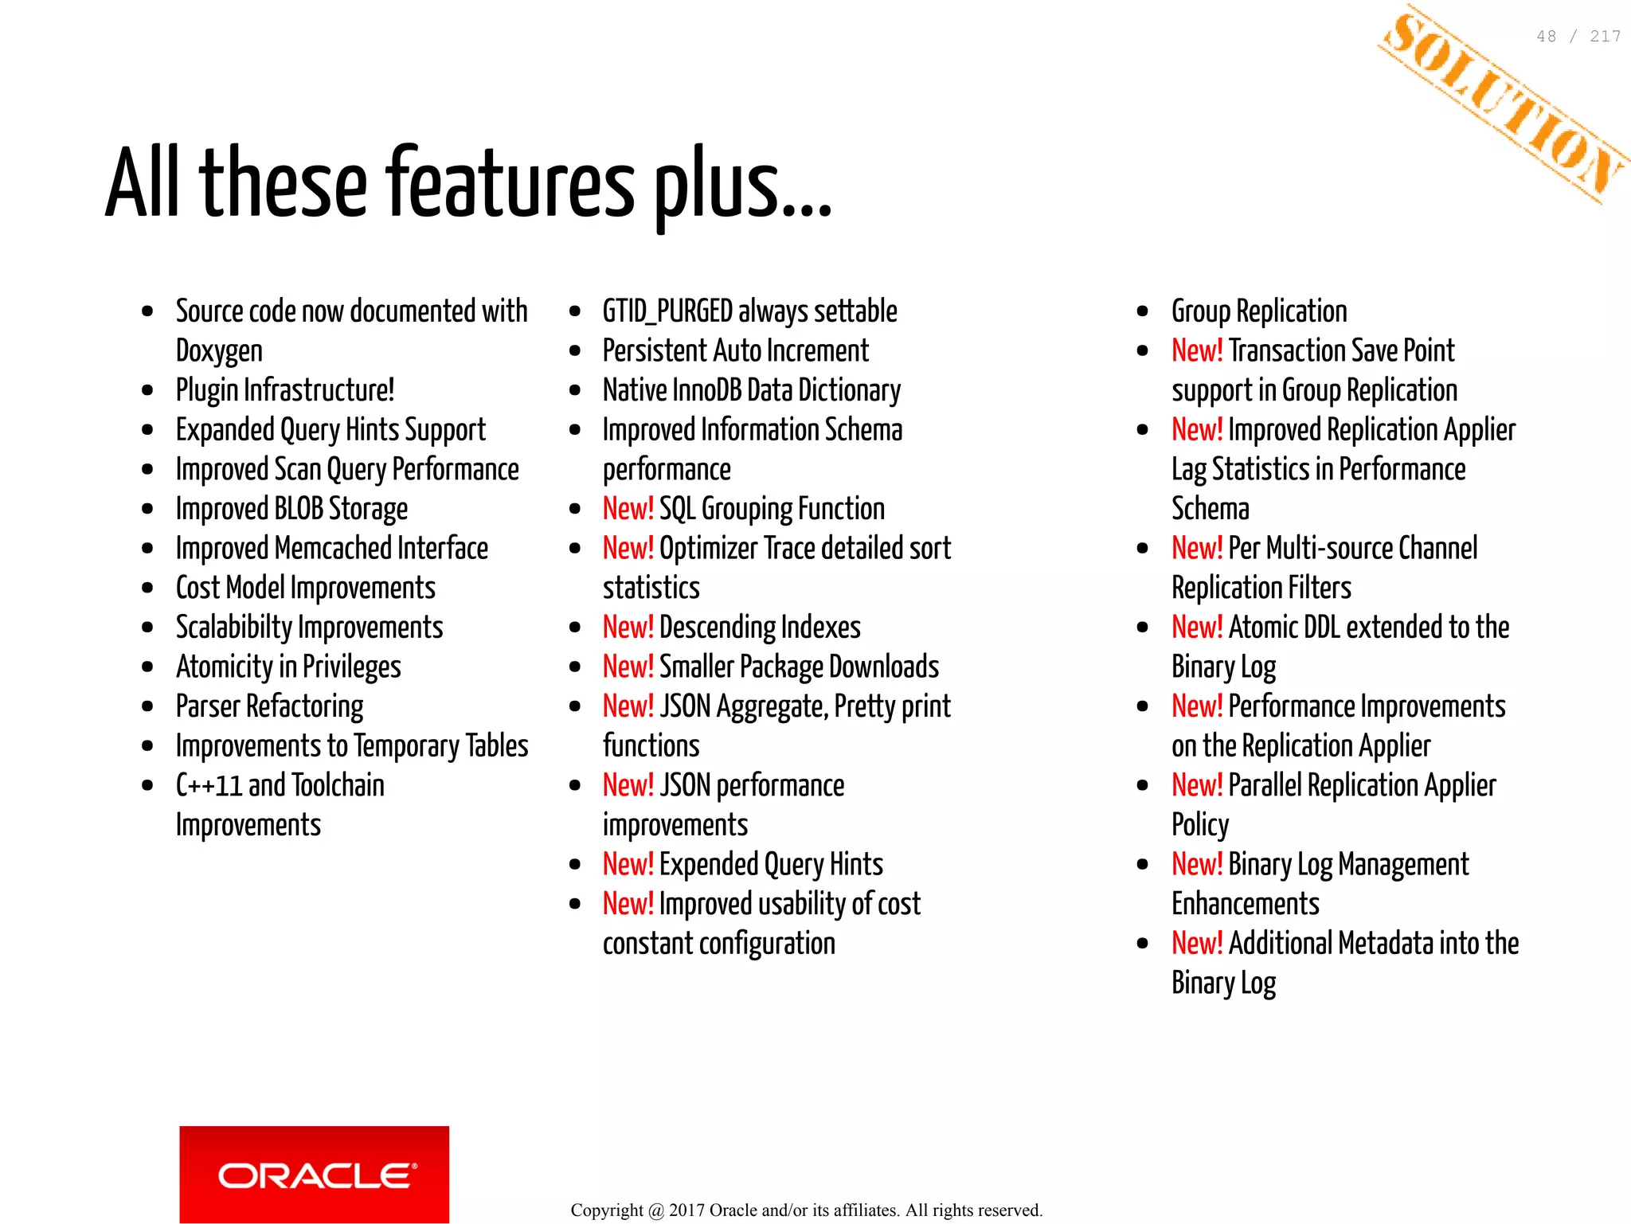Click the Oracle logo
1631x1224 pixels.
[x=314, y=1174]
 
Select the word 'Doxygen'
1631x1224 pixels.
[x=219, y=351]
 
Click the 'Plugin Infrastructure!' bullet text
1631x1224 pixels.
[x=285, y=390]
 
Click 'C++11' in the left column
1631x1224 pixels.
[x=208, y=785]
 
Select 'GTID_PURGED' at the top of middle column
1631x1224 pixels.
[x=667, y=311]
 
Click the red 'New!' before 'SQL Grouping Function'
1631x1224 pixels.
[x=628, y=509]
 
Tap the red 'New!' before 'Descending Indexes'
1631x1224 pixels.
[x=628, y=628]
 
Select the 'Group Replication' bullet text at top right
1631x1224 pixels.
[x=1259, y=311]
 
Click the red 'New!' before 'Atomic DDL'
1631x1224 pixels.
[x=1196, y=628]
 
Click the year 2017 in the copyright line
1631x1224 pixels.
[x=686, y=1210]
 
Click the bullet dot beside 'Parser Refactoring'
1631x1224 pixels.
[x=147, y=706]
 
